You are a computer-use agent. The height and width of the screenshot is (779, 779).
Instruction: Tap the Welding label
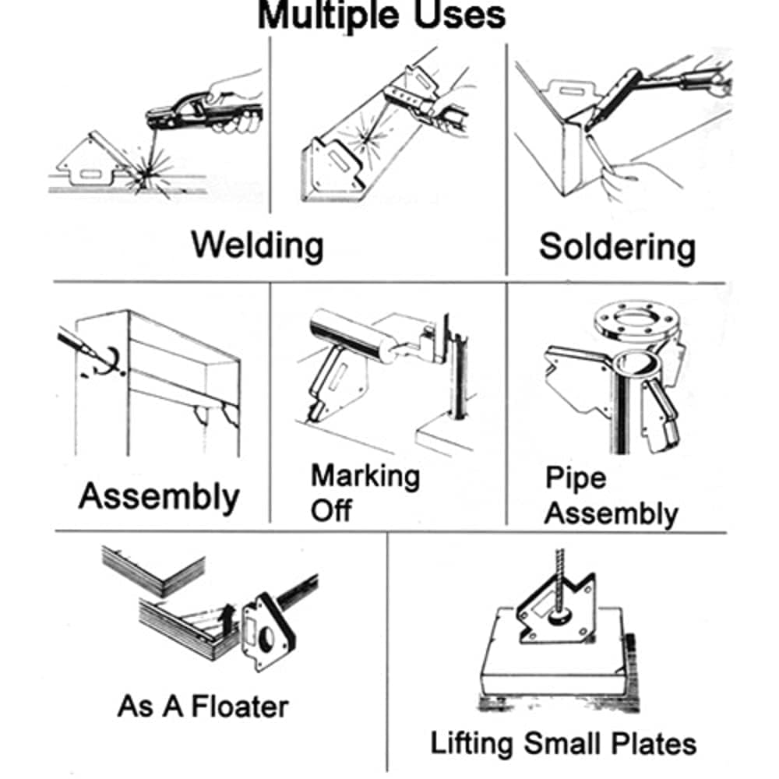tap(257, 245)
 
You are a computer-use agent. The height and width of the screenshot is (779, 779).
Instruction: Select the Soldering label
tap(617, 247)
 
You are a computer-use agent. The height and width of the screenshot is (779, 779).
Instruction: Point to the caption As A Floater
tap(203, 707)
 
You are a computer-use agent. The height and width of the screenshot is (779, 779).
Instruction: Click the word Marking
tap(365, 477)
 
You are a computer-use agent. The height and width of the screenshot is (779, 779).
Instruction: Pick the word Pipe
tap(576, 478)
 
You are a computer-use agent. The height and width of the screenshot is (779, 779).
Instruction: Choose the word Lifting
tap(471, 744)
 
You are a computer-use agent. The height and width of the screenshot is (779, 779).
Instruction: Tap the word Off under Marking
tap(331, 509)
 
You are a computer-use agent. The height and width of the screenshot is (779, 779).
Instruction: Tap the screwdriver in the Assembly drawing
tap(75, 343)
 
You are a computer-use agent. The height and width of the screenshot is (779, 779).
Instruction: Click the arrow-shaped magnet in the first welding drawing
tap(92, 160)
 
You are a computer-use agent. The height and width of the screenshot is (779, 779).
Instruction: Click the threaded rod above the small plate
tap(560, 582)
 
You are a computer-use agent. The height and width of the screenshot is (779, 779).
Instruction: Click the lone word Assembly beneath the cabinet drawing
tap(159, 497)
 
